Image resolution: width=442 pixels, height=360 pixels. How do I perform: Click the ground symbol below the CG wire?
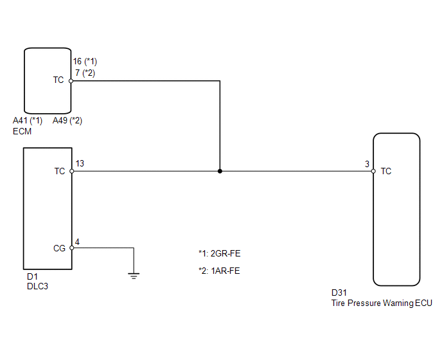tap(134, 276)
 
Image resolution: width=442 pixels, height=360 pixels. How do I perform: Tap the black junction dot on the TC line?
tap(220, 171)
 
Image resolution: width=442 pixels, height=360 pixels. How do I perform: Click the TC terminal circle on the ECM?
tap(71, 81)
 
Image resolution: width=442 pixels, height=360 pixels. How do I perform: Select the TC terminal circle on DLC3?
tap(72, 171)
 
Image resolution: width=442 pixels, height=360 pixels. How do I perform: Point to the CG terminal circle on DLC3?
tap(72, 248)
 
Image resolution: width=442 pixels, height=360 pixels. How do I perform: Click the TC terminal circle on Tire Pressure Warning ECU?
tap(373, 171)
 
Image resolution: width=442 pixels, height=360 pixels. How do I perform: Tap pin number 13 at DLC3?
tap(80, 163)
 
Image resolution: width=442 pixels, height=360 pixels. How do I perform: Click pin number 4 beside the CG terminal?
tap(77, 242)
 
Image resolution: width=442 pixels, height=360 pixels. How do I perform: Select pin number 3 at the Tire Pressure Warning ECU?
tap(367, 164)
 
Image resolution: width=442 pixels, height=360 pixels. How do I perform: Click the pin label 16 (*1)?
tap(85, 61)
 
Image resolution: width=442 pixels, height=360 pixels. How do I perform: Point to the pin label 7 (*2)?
tap(85, 73)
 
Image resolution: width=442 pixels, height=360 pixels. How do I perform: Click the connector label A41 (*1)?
tap(28, 121)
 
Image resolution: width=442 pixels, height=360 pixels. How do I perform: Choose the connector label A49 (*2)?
tap(67, 121)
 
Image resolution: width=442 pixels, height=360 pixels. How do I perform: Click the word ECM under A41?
tap(22, 132)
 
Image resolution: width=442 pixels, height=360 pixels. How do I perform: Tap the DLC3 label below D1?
tap(37, 286)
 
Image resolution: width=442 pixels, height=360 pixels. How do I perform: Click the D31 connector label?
tap(339, 292)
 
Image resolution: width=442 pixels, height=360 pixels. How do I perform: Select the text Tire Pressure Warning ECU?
tap(382, 303)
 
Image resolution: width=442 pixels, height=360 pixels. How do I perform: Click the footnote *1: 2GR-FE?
tap(220, 253)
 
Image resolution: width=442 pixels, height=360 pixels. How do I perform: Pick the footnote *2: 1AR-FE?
tap(219, 271)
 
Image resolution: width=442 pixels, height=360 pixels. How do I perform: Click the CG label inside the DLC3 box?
tap(59, 248)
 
